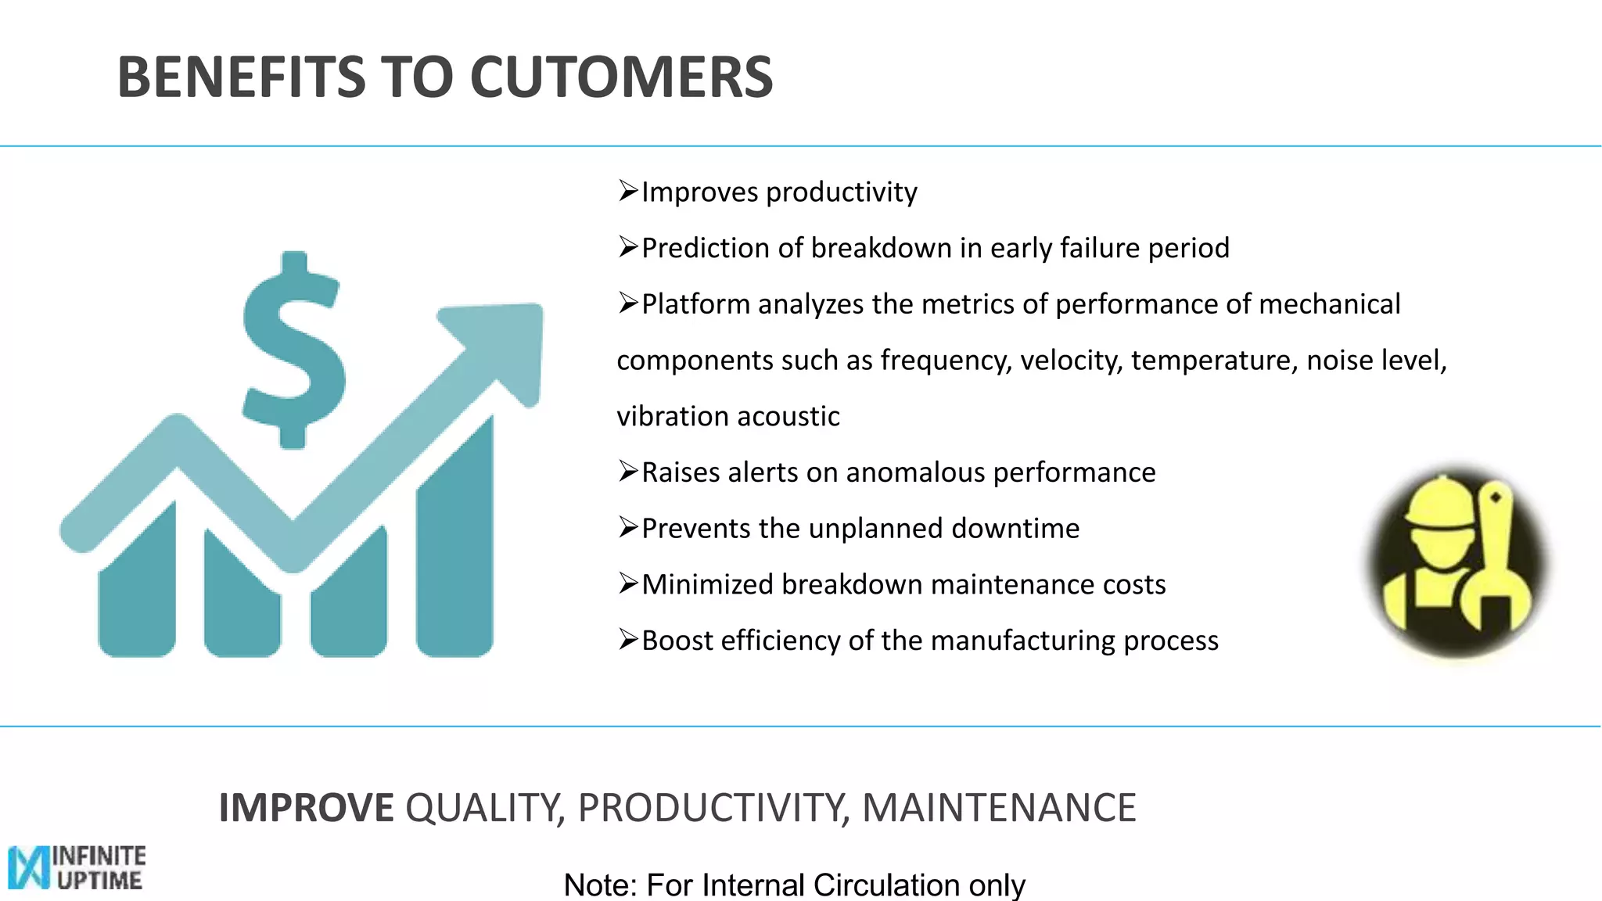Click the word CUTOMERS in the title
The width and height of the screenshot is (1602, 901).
tap(621, 77)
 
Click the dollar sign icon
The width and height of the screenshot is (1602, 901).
tap(293, 350)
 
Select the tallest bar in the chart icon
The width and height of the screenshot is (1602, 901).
tap(454, 547)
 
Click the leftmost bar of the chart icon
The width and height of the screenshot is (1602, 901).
tap(137, 594)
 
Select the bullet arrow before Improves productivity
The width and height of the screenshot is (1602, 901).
tap(628, 191)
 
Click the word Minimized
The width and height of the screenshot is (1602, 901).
tap(707, 585)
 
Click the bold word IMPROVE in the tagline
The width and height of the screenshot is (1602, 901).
tap(306, 808)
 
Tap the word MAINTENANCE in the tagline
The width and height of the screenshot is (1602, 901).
tap(999, 808)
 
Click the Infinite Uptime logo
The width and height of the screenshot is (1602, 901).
tap(77, 867)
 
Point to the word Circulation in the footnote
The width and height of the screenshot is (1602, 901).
tap(886, 885)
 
